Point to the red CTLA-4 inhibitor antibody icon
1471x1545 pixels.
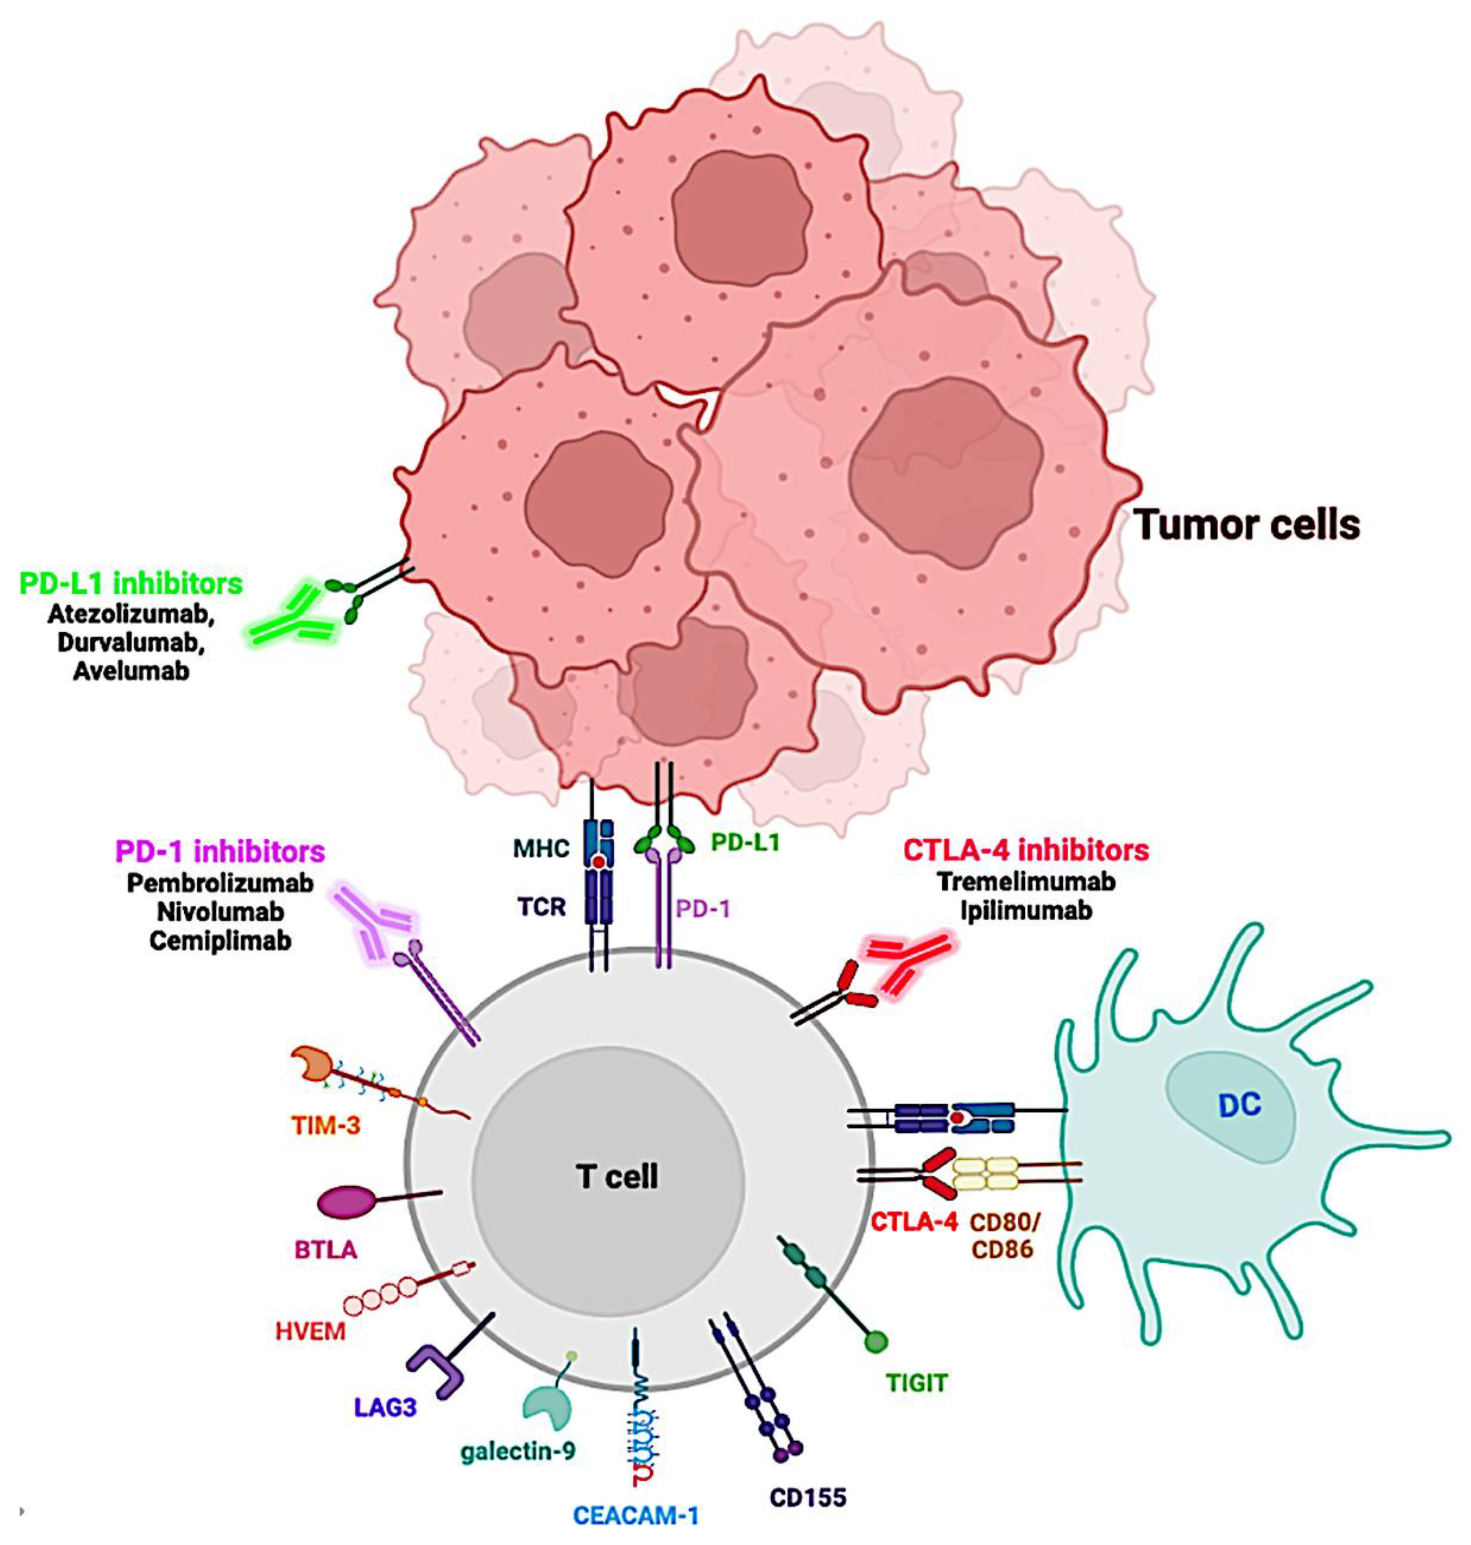[914, 964]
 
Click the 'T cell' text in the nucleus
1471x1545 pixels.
[617, 1176]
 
